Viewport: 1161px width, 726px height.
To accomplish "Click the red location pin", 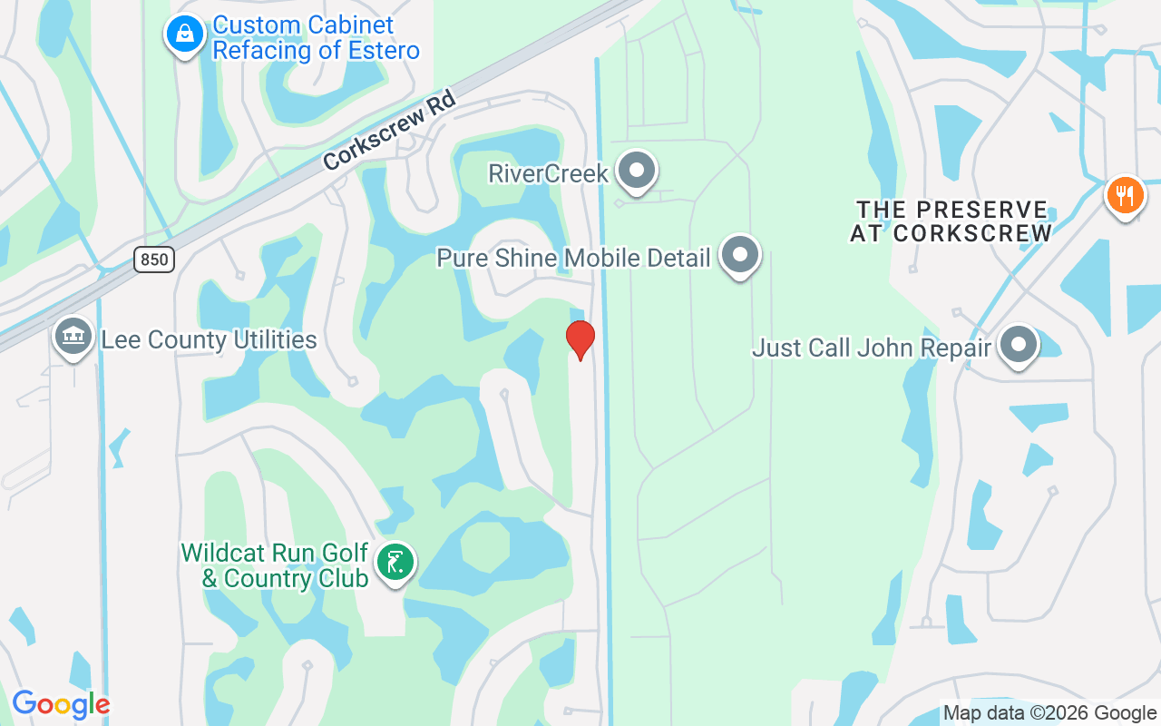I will pyautogui.click(x=580, y=339).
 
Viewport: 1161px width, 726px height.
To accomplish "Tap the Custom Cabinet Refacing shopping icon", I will pyautogui.click(x=185, y=35).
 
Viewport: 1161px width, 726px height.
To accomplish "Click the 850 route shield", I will pyautogui.click(x=154, y=260).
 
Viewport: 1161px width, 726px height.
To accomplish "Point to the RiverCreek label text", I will pyautogui.click(x=548, y=172).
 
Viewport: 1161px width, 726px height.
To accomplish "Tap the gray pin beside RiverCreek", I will pyautogui.click(x=637, y=170).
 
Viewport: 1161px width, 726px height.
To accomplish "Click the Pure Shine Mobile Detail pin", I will pyautogui.click(x=740, y=255).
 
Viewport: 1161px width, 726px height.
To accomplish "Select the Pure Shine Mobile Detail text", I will pyautogui.click(x=573, y=258).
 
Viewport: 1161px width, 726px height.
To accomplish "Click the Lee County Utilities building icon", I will pyautogui.click(x=73, y=337).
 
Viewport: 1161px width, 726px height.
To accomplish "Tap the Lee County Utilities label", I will pyautogui.click(x=209, y=340).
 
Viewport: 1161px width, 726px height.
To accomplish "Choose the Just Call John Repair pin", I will pyautogui.click(x=1019, y=345).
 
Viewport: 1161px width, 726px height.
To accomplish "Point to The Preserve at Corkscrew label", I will pyautogui.click(x=950, y=221).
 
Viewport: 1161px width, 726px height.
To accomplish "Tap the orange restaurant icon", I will pyautogui.click(x=1125, y=195).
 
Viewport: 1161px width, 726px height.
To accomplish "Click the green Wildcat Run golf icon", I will pyautogui.click(x=395, y=563).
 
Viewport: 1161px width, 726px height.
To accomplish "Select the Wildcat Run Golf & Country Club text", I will pyautogui.click(x=275, y=564).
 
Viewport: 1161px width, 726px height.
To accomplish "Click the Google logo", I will pyautogui.click(x=61, y=704).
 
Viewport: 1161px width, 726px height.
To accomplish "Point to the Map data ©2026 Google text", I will pyautogui.click(x=1049, y=713).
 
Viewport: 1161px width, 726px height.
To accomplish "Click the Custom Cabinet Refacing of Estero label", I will pyautogui.click(x=316, y=38).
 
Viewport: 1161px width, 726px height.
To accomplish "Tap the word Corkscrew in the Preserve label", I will pyautogui.click(x=972, y=233).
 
